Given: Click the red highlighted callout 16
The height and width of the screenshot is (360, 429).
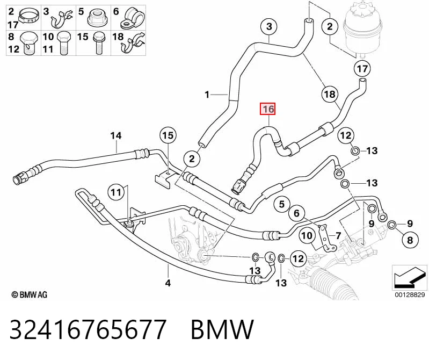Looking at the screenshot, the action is click(268, 109).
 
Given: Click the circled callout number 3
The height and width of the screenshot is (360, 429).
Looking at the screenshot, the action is click(269, 26).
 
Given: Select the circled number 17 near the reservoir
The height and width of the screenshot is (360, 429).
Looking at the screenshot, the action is click(362, 68).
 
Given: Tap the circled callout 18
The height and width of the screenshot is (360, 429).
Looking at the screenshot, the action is click(330, 95).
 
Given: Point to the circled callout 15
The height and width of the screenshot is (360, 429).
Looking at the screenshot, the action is click(168, 135).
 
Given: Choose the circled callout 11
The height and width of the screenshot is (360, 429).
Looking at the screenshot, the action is click(116, 192).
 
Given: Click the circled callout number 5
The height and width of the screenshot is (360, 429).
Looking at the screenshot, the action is click(282, 204).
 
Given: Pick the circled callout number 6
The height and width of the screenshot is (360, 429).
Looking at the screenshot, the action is click(296, 213).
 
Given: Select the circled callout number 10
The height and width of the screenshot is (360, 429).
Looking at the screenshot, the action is click(307, 235).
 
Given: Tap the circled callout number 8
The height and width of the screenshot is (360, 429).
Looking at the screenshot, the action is click(410, 240).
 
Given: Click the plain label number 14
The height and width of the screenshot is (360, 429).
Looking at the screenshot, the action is click(116, 136).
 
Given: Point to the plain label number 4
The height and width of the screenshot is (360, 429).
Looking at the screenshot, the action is click(168, 283).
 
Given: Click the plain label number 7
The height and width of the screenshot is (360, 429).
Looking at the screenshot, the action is click(338, 236).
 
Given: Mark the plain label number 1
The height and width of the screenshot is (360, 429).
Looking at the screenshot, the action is click(207, 95).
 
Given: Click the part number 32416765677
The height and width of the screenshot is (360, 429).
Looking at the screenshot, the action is click(88, 329).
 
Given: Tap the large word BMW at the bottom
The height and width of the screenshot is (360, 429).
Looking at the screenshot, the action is click(222, 329).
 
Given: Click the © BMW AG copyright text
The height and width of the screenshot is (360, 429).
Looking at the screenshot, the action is click(30, 294).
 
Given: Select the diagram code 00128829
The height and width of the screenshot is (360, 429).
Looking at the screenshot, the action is click(410, 294).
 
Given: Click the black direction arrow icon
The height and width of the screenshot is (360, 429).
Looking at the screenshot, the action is click(409, 277).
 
